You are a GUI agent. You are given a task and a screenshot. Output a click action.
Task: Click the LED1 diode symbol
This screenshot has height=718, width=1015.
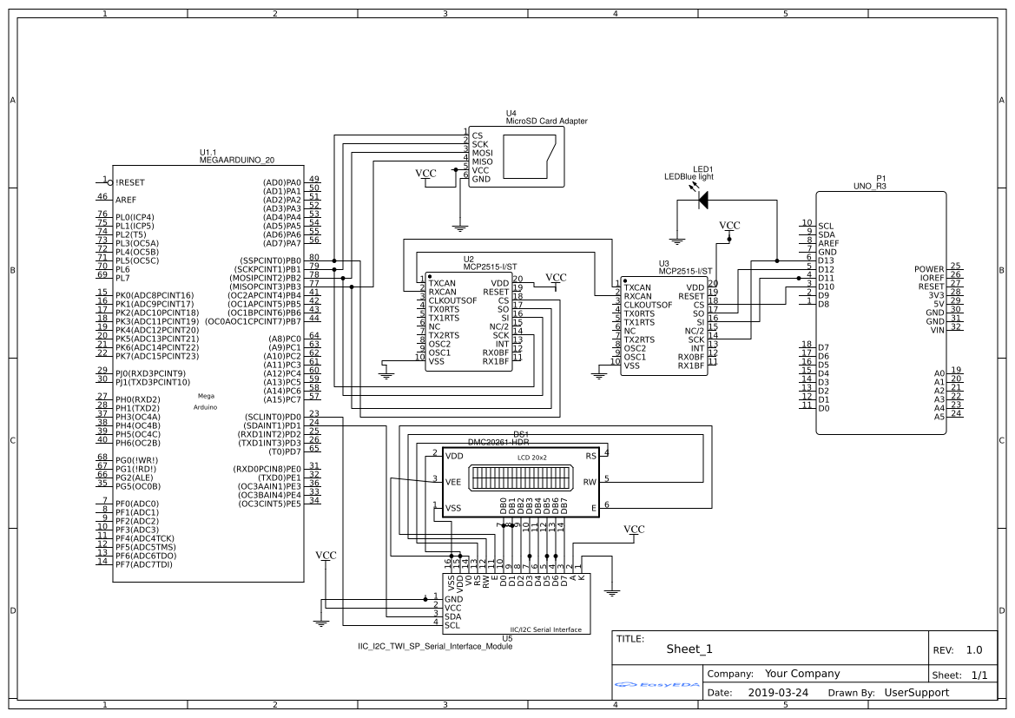[x=702, y=200]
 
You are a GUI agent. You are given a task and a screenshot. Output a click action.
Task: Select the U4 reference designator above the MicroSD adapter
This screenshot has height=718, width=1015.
[x=511, y=114]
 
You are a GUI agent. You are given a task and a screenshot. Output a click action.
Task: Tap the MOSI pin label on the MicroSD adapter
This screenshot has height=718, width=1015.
[x=482, y=153]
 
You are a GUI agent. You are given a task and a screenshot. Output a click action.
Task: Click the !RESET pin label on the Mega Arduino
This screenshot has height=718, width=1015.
[x=130, y=182]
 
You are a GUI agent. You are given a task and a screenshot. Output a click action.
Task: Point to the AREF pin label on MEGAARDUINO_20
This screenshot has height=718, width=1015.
[x=126, y=200]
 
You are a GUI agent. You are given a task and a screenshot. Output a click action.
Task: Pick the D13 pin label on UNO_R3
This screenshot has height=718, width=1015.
[x=827, y=260]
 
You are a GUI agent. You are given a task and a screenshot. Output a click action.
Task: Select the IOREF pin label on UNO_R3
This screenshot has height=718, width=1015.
[x=931, y=278]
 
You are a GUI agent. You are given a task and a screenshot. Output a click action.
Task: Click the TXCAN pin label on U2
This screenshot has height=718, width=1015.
[x=442, y=283]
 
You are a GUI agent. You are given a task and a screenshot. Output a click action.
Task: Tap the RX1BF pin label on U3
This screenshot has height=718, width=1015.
[x=691, y=366]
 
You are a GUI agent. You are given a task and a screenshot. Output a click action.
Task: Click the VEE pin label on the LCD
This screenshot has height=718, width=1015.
[x=453, y=482]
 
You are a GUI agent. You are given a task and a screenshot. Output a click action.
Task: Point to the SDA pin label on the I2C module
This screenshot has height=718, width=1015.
[x=452, y=616]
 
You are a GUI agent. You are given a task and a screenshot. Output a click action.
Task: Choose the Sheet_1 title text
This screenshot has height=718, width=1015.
[x=689, y=649]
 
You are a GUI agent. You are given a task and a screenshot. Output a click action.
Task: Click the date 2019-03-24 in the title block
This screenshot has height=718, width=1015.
[x=777, y=693]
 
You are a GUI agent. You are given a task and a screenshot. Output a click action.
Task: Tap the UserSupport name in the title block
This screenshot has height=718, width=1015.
[x=916, y=693]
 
